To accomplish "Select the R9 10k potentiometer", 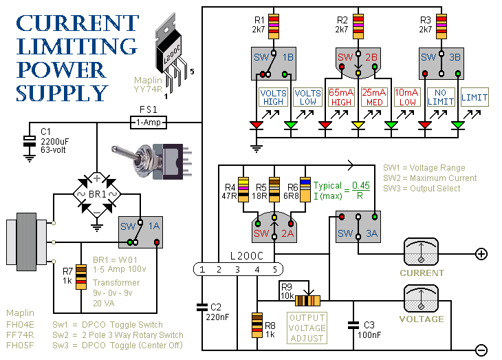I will [x=308, y=300].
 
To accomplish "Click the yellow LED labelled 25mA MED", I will [x=358, y=125].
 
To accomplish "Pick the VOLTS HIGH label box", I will [x=274, y=97].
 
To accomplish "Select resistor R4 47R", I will [x=241, y=187].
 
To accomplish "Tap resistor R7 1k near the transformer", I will [x=67, y=277].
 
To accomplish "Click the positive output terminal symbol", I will [x=481, y=254].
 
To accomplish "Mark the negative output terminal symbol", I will [x=481, y=349].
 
